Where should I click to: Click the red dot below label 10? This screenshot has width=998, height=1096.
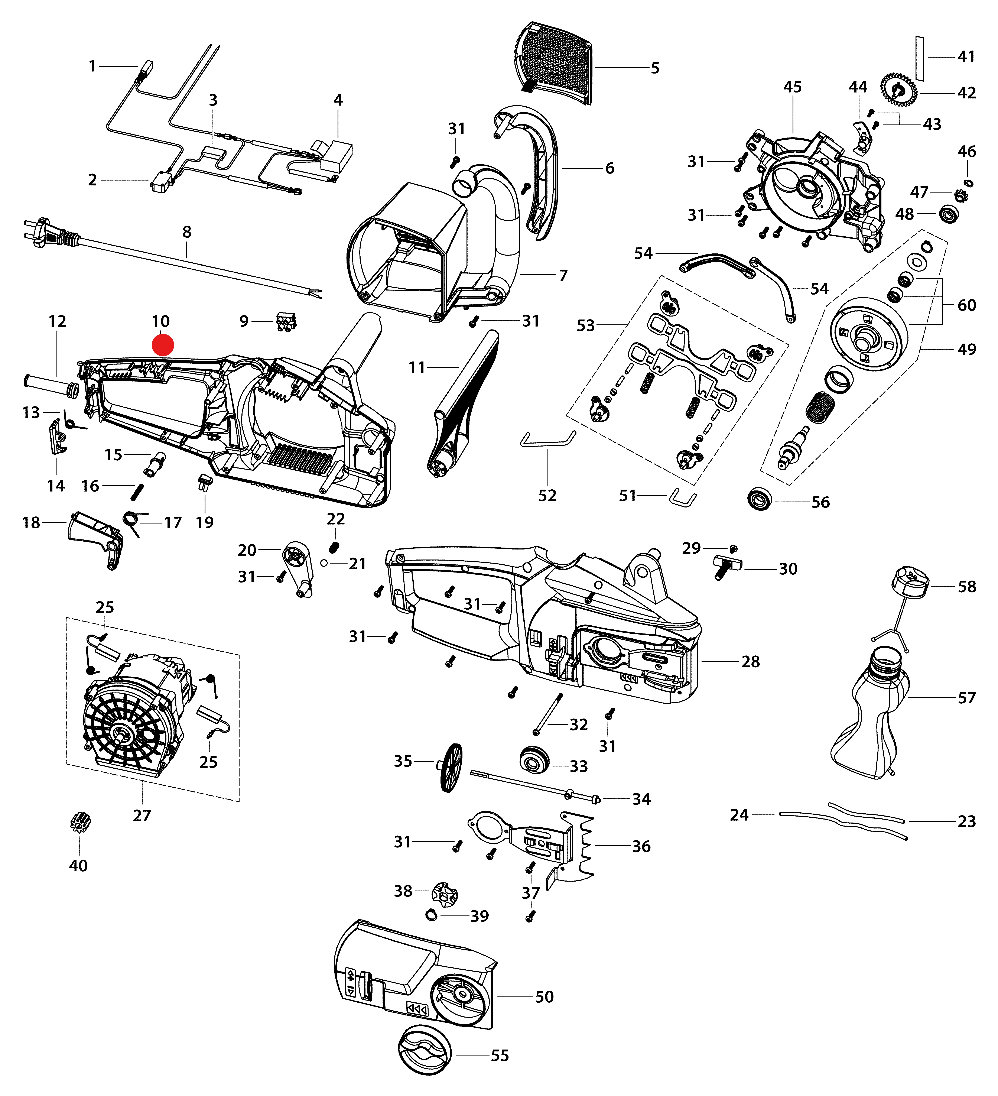click(163, 345)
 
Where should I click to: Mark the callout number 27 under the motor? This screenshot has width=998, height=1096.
click(142, 815)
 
